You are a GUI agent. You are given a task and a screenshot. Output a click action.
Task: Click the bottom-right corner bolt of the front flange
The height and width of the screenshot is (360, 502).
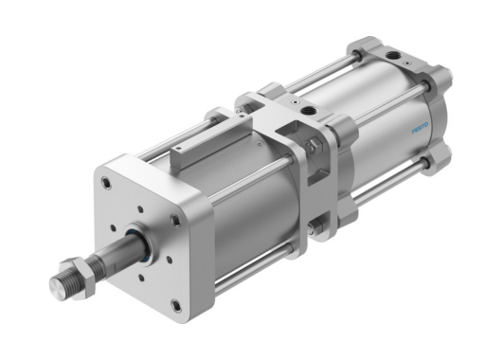point(176,305)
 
